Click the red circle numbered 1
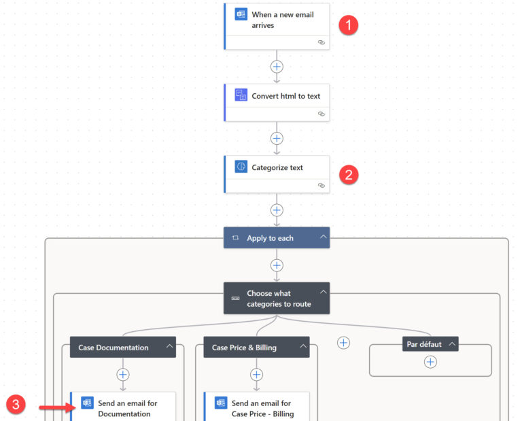point(349,25)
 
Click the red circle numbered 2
point(349,174)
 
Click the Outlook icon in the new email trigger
point(241,14)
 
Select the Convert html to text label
point(285,96)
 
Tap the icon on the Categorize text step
point(241,167)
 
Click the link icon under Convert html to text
point(321,114)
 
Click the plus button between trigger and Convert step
point(277,67)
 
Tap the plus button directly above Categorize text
point(277,138)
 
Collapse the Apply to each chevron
point(323,237)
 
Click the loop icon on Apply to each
point(235,238)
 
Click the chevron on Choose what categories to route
point(323,292)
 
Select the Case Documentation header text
point(114,348)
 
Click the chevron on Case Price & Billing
point(302,347)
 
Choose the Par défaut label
point(424,344)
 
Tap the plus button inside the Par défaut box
point(430,363)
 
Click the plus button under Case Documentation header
point(123,374)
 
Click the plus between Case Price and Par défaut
point(344,343)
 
